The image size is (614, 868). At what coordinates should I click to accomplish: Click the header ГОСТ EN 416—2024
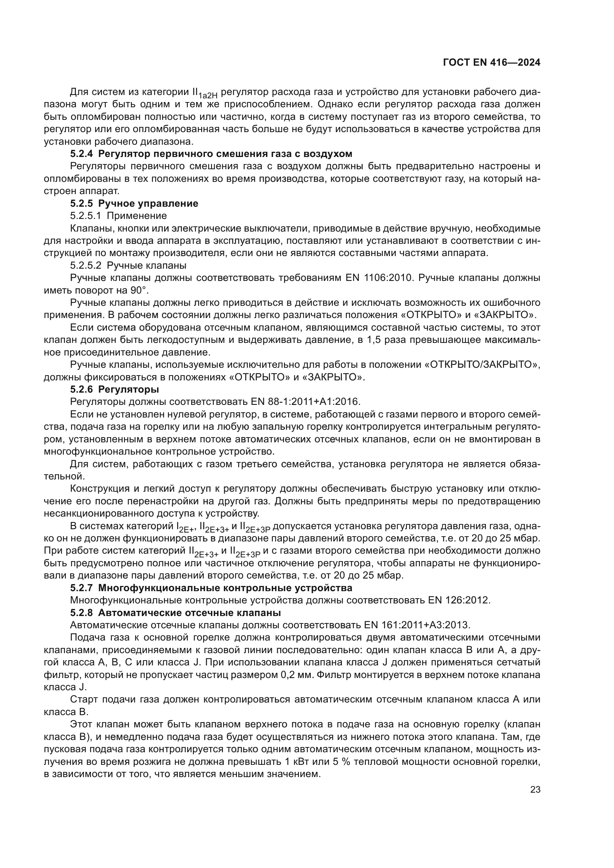pos(491,63)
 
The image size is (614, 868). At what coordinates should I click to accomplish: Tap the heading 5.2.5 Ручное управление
pos(134,203)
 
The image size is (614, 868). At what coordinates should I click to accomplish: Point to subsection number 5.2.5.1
pos(85,216)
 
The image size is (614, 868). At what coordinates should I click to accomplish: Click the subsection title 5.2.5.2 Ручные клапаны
pos(128,265)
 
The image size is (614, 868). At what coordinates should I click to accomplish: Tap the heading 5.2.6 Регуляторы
pos(114,389)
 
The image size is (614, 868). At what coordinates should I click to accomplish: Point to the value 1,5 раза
pos(383,340)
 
